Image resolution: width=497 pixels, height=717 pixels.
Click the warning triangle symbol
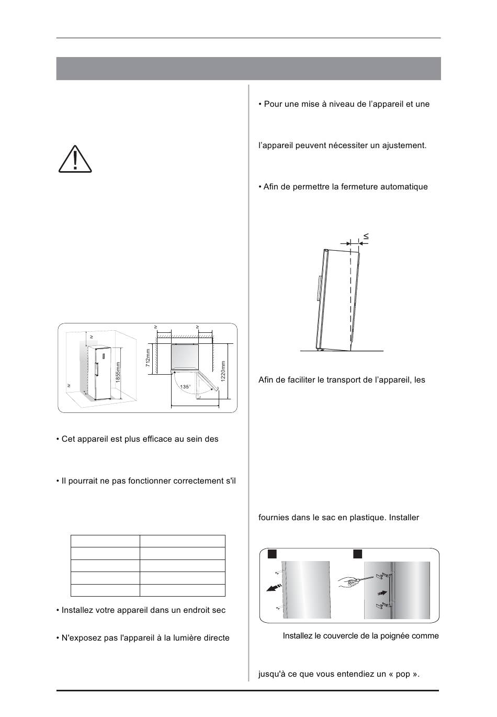(75, 159)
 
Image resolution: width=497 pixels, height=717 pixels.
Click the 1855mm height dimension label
(118, 372)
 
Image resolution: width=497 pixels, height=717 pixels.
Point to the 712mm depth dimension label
(148, 357)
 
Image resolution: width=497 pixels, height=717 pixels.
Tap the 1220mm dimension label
(223, 371)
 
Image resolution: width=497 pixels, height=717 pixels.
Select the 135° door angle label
(185, 387)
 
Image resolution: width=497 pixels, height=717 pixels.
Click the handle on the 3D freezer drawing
(96, 369)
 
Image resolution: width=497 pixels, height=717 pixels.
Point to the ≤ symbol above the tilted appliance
(366, 237)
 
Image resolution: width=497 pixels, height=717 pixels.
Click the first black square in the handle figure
(272, 554)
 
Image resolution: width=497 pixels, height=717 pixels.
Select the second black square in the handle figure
(357, 554)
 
